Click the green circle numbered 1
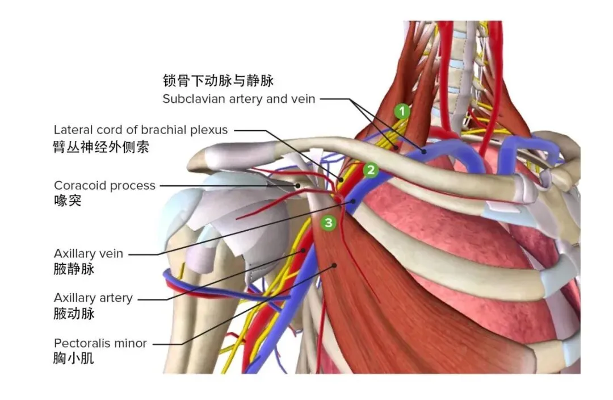(402, 111)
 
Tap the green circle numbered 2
(371, 169)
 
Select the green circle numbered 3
(329, 223)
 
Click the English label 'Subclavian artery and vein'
(239, 99)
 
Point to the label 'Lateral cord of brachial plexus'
(141, 130)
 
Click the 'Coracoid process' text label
(104, 185)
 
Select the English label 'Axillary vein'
(89, 253)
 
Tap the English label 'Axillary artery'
(93, 298)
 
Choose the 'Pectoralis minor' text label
(100, 343)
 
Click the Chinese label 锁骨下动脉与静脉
(219, 80)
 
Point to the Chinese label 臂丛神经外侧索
(102, 147)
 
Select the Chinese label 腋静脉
(74, 269)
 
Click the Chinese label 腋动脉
(74, 313)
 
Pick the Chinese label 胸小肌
(74, 359)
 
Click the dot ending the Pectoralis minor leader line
(335, 265)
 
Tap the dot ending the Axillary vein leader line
(352, 201)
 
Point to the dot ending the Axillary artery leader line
(304, 249)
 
